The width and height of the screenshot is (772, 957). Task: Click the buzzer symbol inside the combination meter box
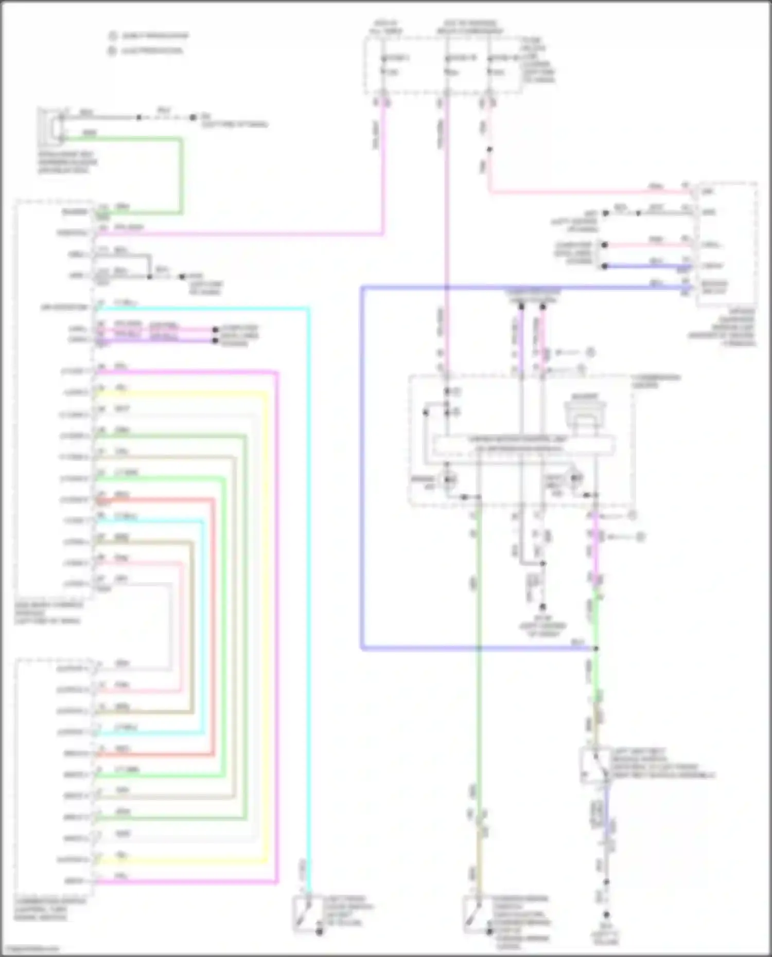click(585, 412)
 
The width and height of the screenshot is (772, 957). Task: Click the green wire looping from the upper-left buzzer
click(181, 175)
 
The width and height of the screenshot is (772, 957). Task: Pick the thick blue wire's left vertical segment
click(362, 463)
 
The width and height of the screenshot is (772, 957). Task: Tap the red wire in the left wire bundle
click(213, 617)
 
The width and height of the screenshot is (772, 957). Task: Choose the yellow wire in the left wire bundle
click(267, 617)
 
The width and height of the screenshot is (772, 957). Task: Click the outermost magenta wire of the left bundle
click(277, 617)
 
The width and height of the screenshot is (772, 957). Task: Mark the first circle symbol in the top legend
click(112, 36)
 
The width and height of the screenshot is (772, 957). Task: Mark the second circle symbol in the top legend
click(112, 51)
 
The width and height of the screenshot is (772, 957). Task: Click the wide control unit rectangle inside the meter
click(524, 444)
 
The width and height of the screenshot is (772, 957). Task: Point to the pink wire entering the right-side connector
click(592, 192)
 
